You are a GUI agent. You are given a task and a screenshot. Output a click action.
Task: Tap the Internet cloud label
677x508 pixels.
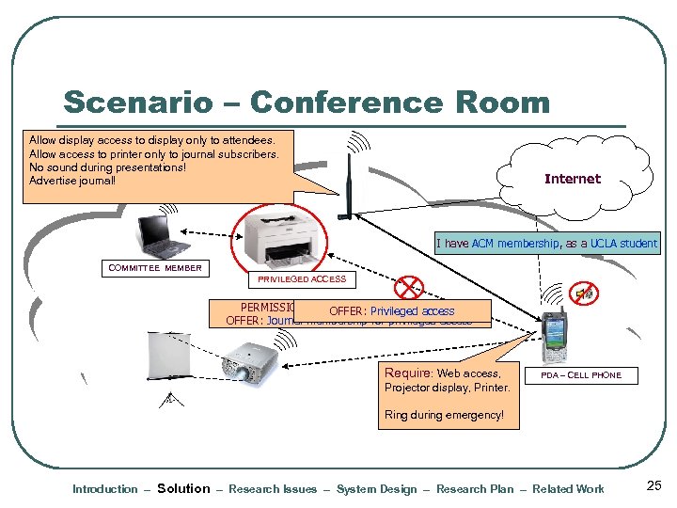coord(572,179)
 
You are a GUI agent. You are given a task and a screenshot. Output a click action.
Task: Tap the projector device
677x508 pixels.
coord(249,364)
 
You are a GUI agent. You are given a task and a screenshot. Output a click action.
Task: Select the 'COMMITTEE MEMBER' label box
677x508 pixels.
coord(155,268)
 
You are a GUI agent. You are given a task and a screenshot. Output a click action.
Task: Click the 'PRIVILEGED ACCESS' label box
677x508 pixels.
coord(302,278)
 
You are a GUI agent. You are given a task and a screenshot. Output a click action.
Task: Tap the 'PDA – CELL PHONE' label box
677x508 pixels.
coord(580,374)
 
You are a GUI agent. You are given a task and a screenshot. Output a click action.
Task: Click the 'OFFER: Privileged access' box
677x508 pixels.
coord(391,311)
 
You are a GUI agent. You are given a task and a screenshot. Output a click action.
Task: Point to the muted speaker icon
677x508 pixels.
coord(583,294)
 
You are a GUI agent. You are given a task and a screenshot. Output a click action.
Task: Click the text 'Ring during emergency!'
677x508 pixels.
coord(444,415)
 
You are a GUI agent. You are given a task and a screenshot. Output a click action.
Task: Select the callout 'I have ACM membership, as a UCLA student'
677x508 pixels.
coord(546,244)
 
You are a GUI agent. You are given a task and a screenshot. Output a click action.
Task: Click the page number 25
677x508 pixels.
coord(654,486)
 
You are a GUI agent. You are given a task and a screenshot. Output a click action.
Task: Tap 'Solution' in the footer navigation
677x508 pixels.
coord(183,488)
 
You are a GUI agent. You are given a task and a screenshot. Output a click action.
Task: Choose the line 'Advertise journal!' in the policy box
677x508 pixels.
coord(72,181)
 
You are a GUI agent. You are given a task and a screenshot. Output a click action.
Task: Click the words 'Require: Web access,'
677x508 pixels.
coord(442,373)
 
